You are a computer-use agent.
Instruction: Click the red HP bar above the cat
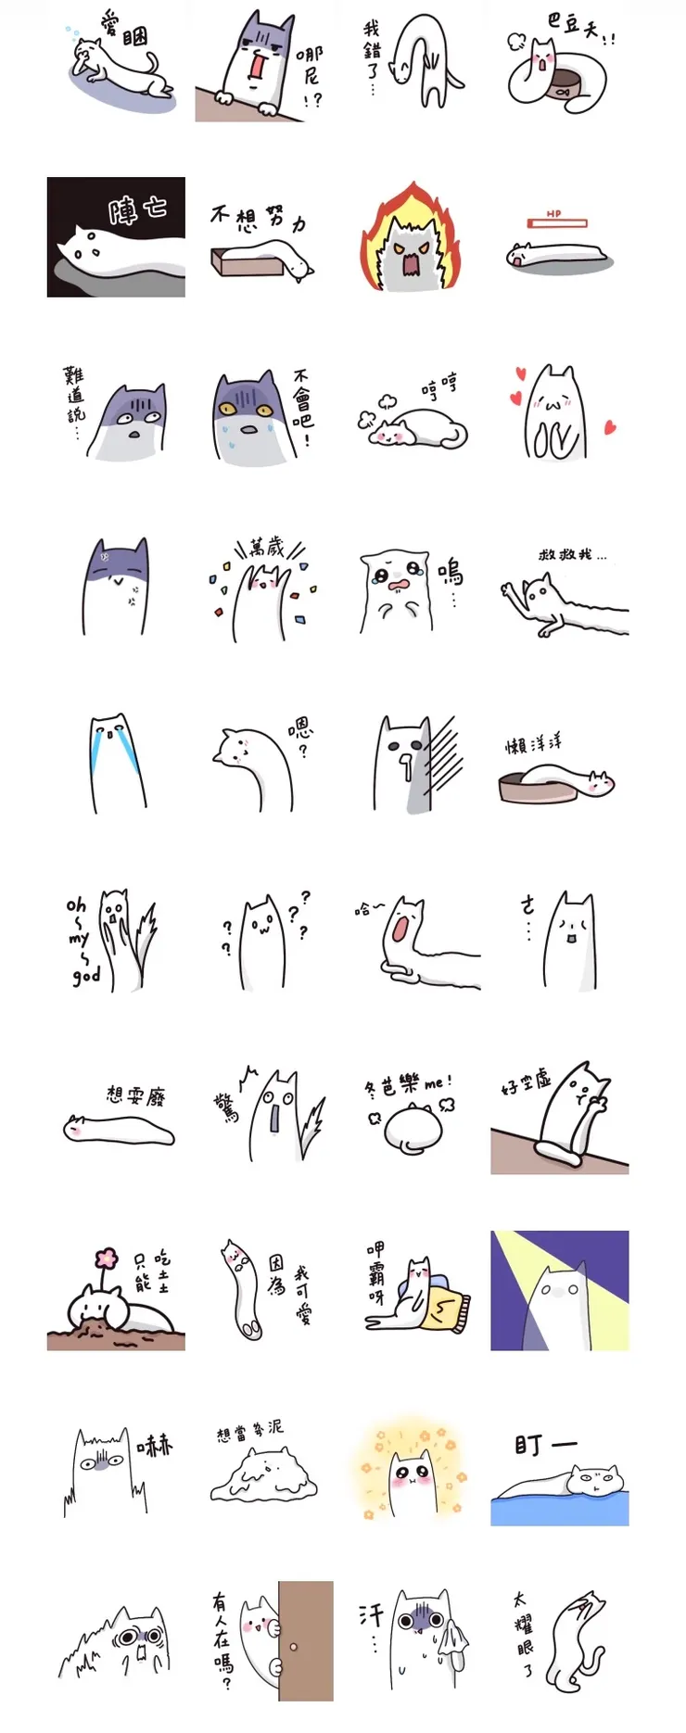pos(557,223)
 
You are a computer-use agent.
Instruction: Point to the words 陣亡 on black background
pos(137,209)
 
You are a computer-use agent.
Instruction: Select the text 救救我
pos(572,555)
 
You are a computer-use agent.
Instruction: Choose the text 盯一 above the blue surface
pos(545,1446)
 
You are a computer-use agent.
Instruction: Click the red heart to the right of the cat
pos(610,427)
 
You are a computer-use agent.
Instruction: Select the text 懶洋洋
pos(533,744)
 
